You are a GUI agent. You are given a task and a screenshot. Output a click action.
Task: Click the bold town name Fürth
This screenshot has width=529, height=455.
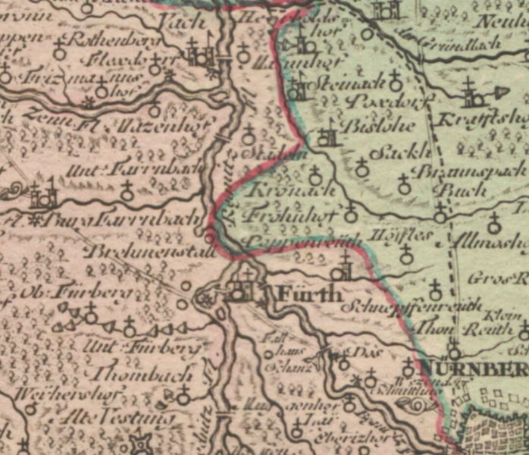click(311, 292)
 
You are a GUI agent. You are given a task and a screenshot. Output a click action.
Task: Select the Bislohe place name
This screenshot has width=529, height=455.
click(369, 124)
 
